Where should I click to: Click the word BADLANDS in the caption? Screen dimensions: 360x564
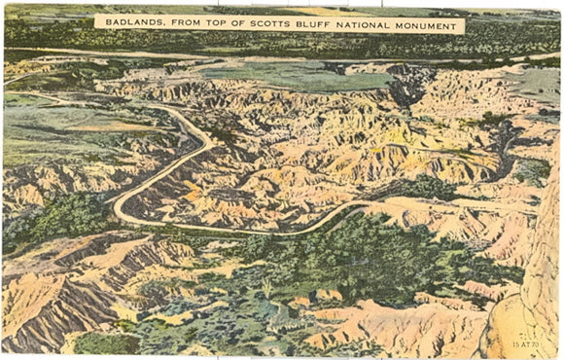click(132, 21)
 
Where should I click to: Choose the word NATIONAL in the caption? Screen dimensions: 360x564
click(369, 21)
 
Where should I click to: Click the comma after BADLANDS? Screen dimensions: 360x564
click(162, 24)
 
